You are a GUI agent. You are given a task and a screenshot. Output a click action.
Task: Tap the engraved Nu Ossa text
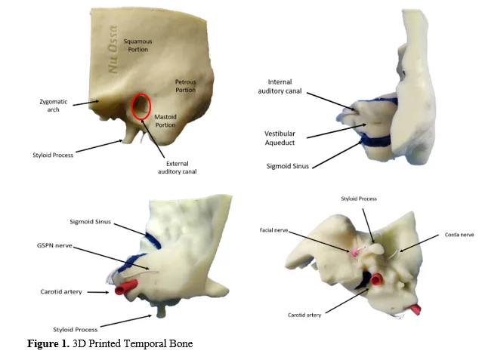pos(113,50)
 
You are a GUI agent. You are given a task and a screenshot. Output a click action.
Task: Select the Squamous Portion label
pos(138,45)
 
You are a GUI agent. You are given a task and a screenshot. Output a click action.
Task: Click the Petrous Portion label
pos(186,86)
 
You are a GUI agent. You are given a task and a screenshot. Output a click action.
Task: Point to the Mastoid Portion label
pos(165,121)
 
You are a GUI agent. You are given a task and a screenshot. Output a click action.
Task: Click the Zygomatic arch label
pos(53,106)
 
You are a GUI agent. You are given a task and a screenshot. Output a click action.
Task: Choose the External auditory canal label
pos(178,168)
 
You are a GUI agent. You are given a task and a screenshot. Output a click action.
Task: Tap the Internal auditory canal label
pos(280,87)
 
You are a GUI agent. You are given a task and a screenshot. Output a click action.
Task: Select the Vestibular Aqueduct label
pos(280,138)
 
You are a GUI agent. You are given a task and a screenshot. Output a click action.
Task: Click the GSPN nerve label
pos(54,246)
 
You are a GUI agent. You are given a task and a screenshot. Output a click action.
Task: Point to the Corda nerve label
pos(459,235)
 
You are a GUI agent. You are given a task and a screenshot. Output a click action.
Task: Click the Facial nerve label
pos(273,230)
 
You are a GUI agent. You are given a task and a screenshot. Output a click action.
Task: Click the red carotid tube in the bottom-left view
pos(126,288)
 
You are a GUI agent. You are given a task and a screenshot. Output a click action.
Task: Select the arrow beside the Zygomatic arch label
pos(86,103)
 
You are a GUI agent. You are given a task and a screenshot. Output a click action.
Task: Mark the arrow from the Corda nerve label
pos(419,243)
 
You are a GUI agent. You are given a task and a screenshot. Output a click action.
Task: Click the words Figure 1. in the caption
pos(48,343)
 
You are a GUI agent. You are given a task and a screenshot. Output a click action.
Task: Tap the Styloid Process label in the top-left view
pos(53,155)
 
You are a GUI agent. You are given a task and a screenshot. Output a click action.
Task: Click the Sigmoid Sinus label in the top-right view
pos(288,166)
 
